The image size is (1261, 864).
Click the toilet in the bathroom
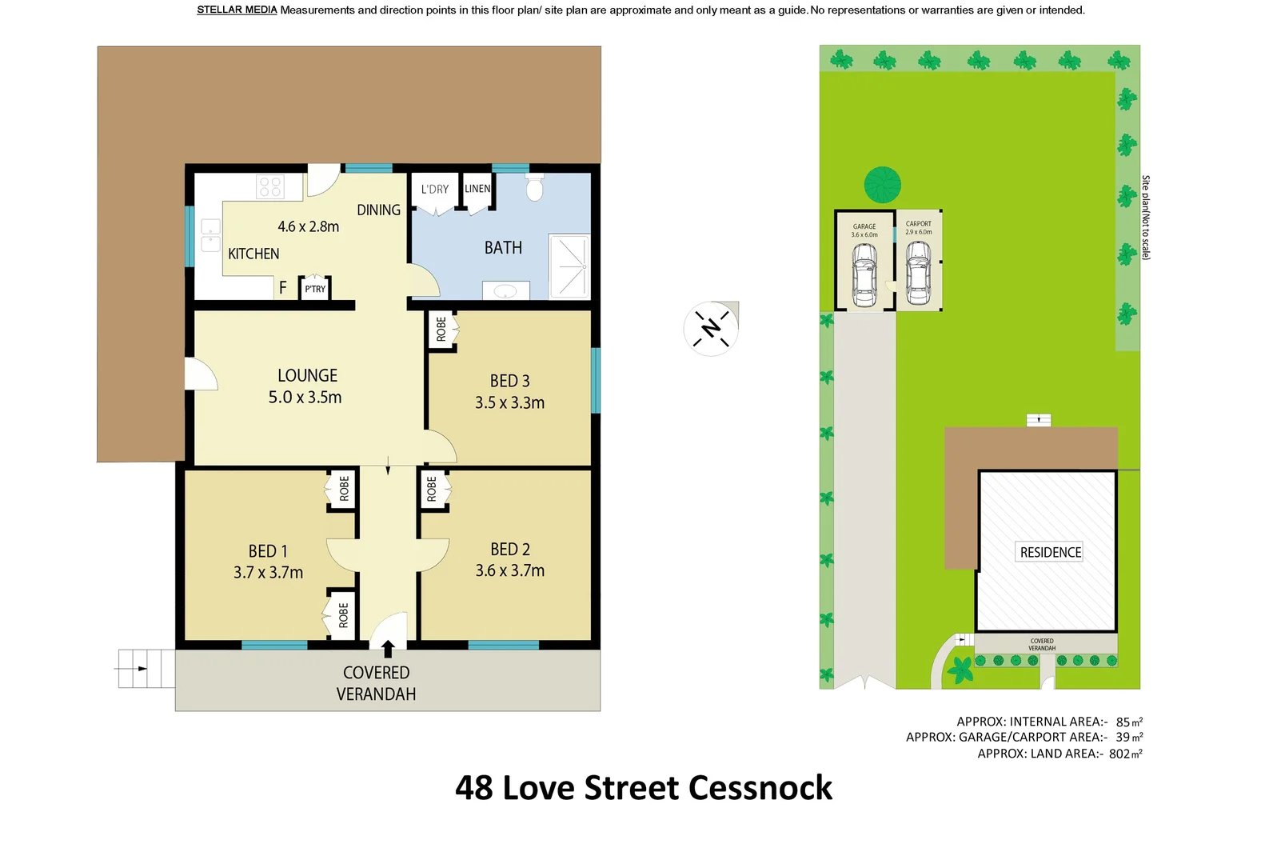[x=534, y=188]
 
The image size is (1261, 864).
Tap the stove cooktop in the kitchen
[x=270, y=187]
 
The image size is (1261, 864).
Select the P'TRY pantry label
[x=315, y=289]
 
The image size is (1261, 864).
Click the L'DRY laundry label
[x=435, y=190]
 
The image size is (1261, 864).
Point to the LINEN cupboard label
[x=477, y=189]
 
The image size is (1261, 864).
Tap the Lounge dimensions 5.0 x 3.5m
[x=305, y=398]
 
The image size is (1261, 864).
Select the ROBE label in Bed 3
[x=441, y=329]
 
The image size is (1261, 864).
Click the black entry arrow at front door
[x=388, y=648]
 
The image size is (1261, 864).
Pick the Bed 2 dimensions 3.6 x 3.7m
[x=509, y=571]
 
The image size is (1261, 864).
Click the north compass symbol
[x=710, y=328]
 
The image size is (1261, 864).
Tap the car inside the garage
[x=864, y=274]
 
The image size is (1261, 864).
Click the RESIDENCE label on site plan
[x=1050, y=552]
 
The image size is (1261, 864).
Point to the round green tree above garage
[x=882, y=185]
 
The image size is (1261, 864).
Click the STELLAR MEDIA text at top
[x=237, y=10]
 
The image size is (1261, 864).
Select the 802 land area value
[x=1119, y=754]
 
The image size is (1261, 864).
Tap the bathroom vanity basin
[x=505, y=291]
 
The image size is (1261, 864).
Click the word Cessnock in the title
[x=760, y=788]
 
